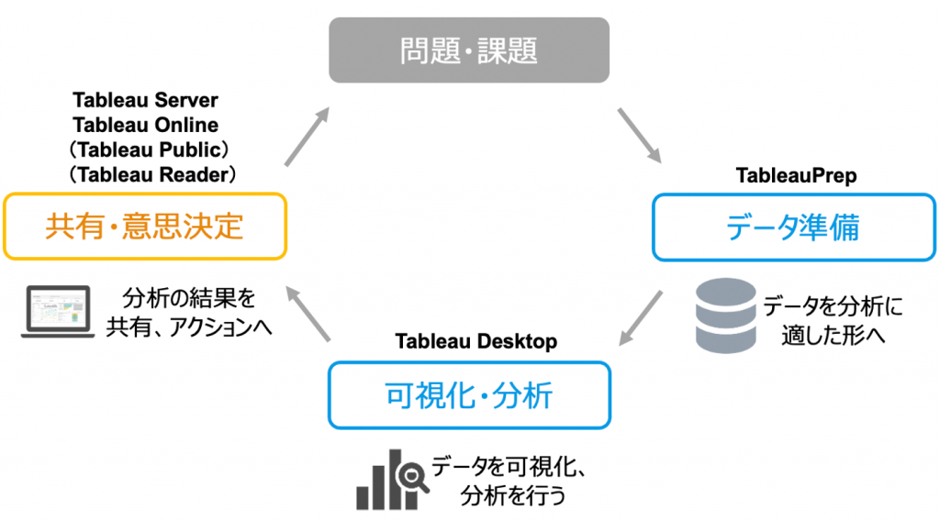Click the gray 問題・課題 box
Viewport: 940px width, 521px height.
click(469, 50)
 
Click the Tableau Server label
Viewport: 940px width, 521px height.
click(146, 100)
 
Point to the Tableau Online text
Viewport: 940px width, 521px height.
click(146, 125)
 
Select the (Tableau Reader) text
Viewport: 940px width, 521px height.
click(152, 175)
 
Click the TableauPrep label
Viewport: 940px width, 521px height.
click(796, 175)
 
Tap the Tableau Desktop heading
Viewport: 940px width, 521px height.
click(476, 341)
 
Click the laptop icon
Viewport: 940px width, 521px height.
click(58, 311)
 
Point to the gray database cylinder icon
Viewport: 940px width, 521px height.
click(725, 316)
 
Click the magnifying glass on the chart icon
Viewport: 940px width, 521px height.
click(412, 477)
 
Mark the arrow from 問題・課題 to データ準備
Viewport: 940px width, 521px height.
click(640, 136)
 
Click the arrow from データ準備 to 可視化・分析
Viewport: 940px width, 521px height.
click(640, 318)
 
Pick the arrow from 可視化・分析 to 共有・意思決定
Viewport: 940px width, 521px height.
click(308, 314)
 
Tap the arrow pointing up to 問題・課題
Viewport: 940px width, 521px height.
click(308, 137)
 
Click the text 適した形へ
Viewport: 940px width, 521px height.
click(834, 336)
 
